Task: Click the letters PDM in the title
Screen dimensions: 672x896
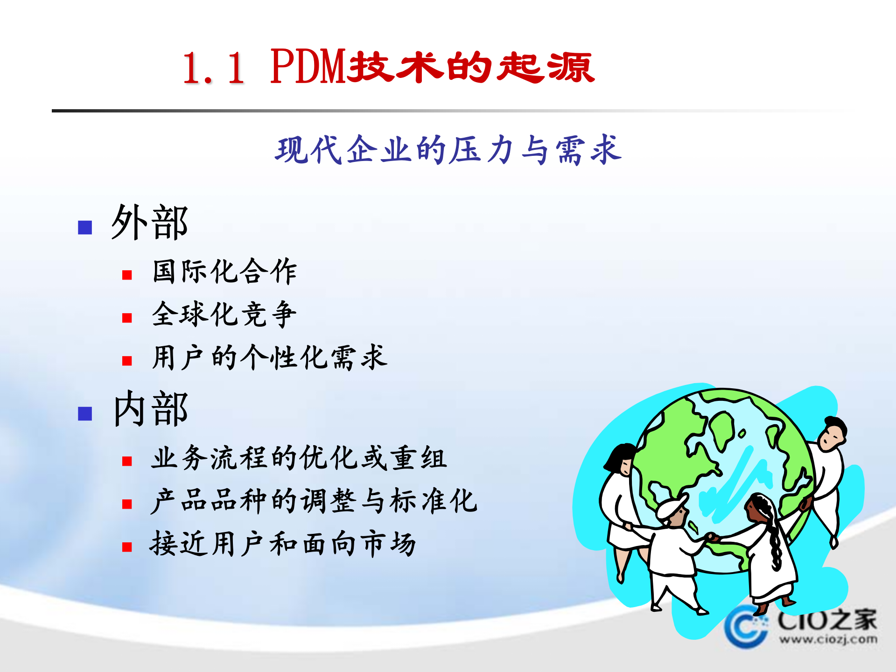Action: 308,68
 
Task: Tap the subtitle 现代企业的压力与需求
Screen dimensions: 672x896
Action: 448,150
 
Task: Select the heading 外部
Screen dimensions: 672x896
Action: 149,223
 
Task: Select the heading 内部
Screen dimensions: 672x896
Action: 150,409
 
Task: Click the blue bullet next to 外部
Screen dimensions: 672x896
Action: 85,227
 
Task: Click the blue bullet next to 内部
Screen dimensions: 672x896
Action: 85,413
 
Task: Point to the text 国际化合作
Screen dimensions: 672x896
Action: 224,271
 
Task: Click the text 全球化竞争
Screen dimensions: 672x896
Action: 224,314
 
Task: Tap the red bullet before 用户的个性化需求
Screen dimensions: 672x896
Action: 127,361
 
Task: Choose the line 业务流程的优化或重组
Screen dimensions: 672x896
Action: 299,458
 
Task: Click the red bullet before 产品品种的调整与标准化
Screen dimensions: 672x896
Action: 127,504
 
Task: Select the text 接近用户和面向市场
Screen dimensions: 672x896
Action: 283,544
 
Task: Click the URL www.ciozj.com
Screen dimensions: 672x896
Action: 828,639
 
